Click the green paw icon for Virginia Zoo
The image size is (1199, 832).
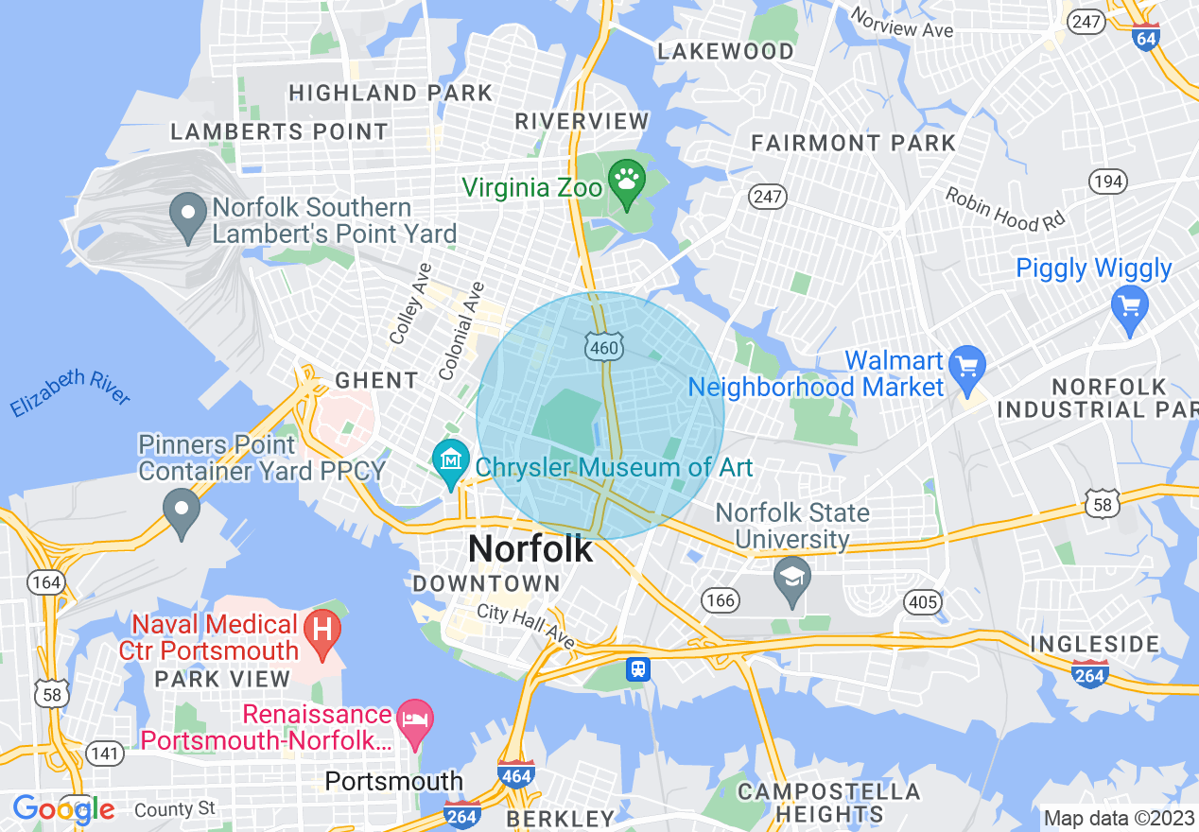click(x=626, y=178)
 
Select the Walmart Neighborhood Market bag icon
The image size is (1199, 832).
click(x=966, y=365)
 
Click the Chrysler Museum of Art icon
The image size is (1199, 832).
click(x=451, y=460)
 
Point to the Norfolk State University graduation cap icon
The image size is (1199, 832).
click(x=792, y=575)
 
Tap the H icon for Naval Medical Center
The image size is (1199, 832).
click(x=322, y=626)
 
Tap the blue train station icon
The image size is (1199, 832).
click(x=638, y=669)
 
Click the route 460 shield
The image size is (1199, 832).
click(x=602, y=348)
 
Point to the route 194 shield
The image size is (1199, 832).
click(x=1106, y=181)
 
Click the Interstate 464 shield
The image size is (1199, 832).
click(x=515, y=774)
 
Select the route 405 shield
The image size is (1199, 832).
click(x=923, y=601)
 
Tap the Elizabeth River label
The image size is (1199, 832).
click(x=70, y=393)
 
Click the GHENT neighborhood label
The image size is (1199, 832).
click(x=376, y=380)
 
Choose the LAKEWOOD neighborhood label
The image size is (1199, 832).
click(x=725, y=51)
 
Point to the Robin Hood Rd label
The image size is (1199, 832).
click(x=1004, y=208)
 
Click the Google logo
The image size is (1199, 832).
click(x=62, y=809)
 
